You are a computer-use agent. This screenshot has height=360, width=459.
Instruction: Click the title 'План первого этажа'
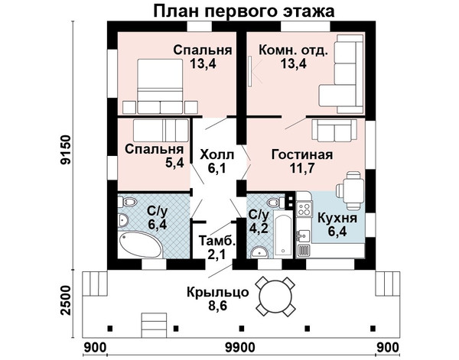pos(243,11)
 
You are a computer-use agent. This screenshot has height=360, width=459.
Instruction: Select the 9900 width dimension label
pos(240,348)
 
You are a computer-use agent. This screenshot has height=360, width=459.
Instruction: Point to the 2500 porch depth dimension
pos(65,300)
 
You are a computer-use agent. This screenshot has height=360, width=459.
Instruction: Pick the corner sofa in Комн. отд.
pos(342,74)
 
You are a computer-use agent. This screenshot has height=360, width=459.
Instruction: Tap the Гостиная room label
pos(302,154)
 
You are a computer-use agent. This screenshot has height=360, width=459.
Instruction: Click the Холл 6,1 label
pos(217,161)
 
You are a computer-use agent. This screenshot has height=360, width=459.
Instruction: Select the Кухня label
pos(337,218)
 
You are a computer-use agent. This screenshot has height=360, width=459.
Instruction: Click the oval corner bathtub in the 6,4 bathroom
pos(141,244)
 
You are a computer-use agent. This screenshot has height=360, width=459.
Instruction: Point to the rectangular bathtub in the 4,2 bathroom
pos(283,233)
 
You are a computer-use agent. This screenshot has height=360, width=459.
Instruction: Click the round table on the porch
pos(275,296)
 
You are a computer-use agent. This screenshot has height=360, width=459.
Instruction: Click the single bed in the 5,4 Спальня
pos(161,130)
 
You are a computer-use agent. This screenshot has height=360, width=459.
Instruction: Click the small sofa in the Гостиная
pos(334,130)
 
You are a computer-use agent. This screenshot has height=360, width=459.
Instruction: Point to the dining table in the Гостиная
pos(350,190)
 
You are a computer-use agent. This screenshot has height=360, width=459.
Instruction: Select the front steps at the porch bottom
pos(154,325)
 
